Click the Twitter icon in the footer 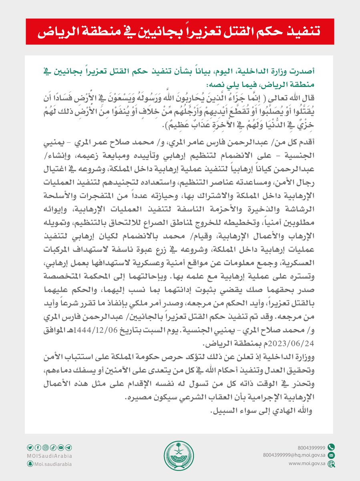point(30,447)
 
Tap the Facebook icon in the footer point(38,447)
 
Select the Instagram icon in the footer point(46,447)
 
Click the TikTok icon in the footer point(53,447)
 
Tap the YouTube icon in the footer point(61,447)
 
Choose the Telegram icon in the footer point(69,447)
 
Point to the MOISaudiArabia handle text point(50,455)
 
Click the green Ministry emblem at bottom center point(179,455)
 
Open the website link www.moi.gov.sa point(305,464)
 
